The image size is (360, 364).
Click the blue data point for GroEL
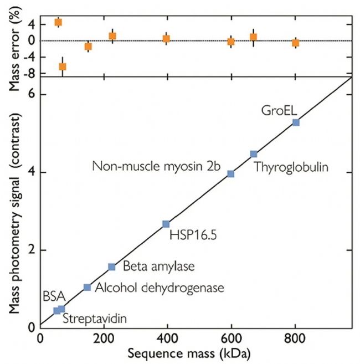click(296, 122)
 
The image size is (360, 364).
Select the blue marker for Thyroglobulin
click(254, 154)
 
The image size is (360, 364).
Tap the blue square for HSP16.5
click(166, 224)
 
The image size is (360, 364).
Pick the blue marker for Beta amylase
click(111, 267)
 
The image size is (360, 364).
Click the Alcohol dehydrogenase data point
click(87, 287)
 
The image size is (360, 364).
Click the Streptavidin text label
click(94, 319)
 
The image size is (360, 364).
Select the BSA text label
click(53, 296)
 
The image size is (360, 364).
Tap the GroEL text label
click(275, 110)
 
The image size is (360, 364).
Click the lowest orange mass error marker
click(63, 66)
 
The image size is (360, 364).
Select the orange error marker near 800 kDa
click(296, 43)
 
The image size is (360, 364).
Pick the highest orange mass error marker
click(58, 22)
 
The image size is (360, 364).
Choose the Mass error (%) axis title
click(9, 40)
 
